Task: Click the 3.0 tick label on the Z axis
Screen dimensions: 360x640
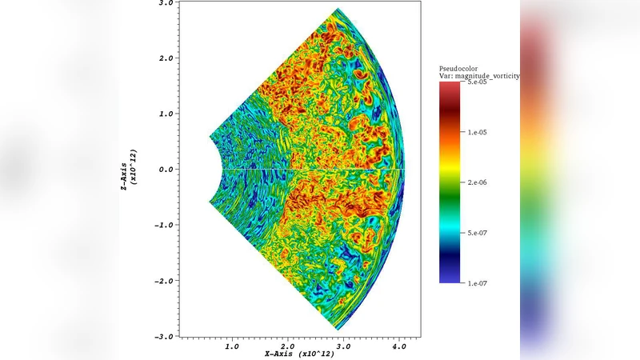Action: (x=164, y=3)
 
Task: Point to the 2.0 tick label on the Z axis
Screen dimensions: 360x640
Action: (x=164, y=58)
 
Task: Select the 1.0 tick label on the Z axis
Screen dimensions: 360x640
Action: (x=164, y=114)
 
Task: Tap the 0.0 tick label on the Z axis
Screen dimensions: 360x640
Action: (x=164, y=170)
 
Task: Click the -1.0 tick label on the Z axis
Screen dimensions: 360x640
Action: (x=162, y=226)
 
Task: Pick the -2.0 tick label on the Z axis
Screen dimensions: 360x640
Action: (x=162, y=281)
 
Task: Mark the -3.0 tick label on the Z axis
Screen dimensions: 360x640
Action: (x=162, y=337)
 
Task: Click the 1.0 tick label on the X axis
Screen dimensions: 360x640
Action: (x=232, y=346)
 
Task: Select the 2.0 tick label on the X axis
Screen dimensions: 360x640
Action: (x=287, y=346)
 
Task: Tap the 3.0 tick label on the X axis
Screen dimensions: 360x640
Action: (x=343, y=346)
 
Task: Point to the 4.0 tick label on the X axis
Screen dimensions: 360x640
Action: (x=398, y=346)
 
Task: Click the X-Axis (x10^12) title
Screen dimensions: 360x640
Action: (x=300, y=354)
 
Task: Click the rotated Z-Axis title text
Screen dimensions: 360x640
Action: (x=128, y=170)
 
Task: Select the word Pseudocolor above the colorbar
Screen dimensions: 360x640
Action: (x=458, y=69)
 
